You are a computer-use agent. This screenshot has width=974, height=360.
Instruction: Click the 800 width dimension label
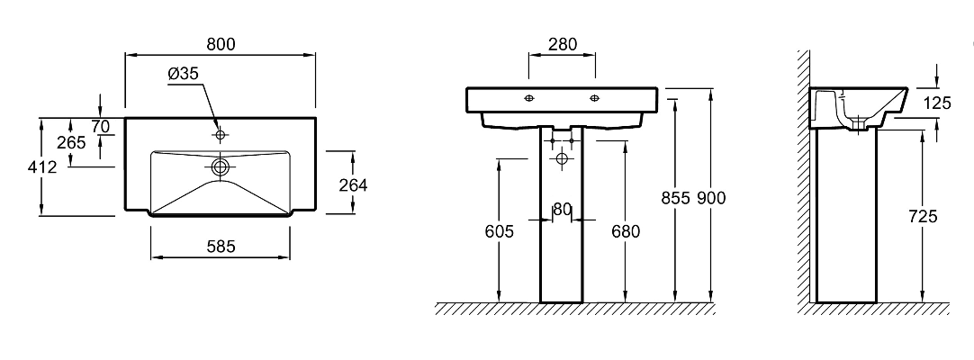click(221, 44)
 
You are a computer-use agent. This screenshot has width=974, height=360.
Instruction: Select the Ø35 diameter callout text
click(184, 74)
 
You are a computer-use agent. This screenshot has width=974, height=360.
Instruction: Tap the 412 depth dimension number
click(43, 166)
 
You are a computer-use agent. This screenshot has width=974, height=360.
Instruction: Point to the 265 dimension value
click(71, 143)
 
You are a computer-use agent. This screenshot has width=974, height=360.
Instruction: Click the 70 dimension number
click(100, 127)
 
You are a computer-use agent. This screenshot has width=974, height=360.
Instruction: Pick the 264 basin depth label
click(353, 185)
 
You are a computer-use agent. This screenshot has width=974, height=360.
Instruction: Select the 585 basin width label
click(221, 247)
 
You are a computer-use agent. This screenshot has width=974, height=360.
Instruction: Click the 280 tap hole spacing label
click(562, 44)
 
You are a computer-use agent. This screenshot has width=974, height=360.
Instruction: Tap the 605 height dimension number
click(500, 231)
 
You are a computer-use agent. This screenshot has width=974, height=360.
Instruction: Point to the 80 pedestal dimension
click(562, 210)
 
